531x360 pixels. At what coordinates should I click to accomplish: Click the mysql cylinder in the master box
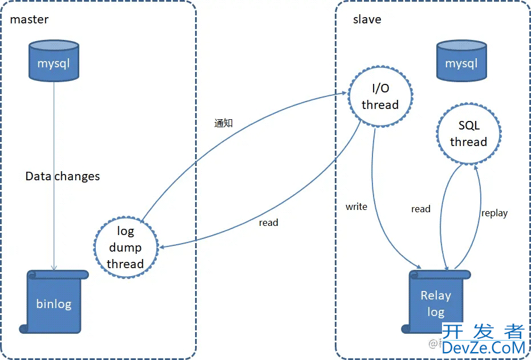pos(54,60)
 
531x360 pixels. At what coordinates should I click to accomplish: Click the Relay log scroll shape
pos(436,302)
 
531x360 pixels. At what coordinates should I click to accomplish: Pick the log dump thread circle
pos(125,246)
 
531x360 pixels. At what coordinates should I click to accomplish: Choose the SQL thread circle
pos(468,134)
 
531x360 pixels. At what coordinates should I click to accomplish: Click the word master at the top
pos(29,19)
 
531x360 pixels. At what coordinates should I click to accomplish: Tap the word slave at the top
pos(367,19)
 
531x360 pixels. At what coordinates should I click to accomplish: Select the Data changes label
pos(63,176)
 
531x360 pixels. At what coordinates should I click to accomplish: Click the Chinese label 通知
pos(224,123)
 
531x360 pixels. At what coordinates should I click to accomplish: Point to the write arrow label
pos(356,207)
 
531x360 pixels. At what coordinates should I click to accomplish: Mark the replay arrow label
pos(494,213)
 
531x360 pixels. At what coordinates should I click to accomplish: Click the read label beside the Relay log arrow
pos(420,209)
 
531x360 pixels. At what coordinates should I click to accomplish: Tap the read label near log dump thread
pos(268,223)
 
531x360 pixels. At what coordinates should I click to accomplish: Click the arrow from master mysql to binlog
pos(54,171)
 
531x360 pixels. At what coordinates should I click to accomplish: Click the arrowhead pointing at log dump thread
pos(164,246)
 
